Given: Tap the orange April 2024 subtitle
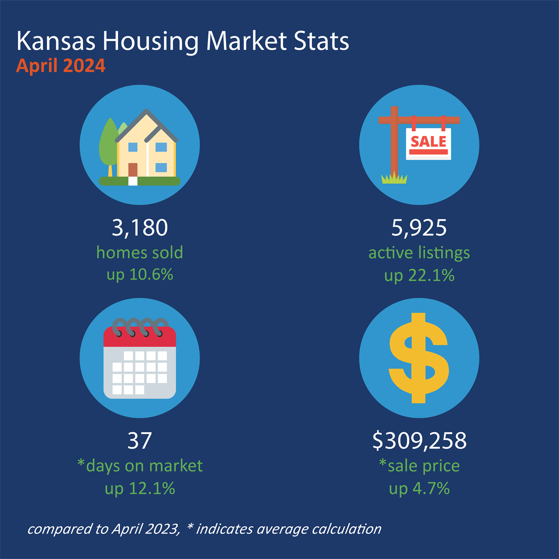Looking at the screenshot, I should coord(61,66).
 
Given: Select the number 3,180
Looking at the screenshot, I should coord(140,228).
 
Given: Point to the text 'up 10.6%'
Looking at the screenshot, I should coord(140,275).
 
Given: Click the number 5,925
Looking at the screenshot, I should coord(419,228).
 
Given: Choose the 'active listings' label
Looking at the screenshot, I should coord(419,253).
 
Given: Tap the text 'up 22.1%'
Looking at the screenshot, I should coord(419,276).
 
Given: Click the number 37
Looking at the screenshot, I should coord(140,441).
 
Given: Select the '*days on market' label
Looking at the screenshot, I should coord(140,465).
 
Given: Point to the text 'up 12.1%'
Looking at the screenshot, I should coord(140,489).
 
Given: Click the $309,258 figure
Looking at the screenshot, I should coord(419,441).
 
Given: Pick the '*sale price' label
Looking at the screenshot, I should coord(419,465).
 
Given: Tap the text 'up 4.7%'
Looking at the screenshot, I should coord(419,489).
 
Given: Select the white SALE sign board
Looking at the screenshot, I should coord(429,143).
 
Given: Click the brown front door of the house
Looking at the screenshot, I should coord(133,170).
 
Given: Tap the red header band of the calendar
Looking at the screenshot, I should coord(140,337).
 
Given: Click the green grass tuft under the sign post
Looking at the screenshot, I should coord(394,178).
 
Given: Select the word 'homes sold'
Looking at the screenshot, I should coord(140,253).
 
